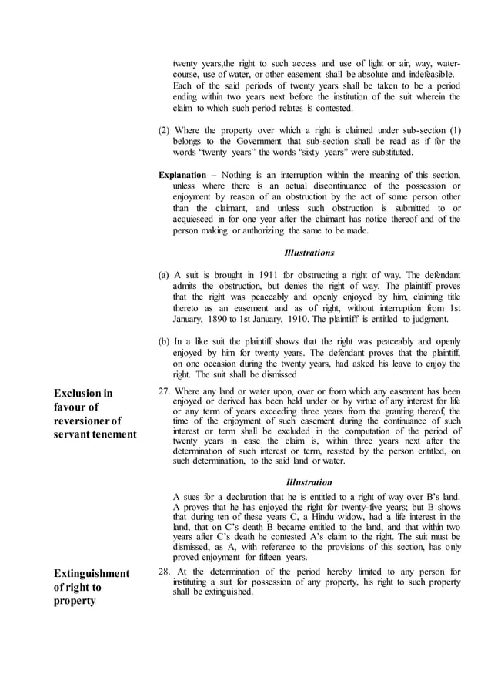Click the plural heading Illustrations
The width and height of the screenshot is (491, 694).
pos(309,252)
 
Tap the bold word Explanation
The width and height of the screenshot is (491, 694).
pos(182,175)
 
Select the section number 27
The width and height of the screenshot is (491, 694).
pos(163,391)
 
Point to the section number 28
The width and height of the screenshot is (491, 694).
pos(163,572)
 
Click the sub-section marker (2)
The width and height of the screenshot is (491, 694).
pos(163,130)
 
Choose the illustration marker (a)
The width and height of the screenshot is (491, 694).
pos(163,275)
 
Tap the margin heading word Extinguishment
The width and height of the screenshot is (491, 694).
pos(90,573)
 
